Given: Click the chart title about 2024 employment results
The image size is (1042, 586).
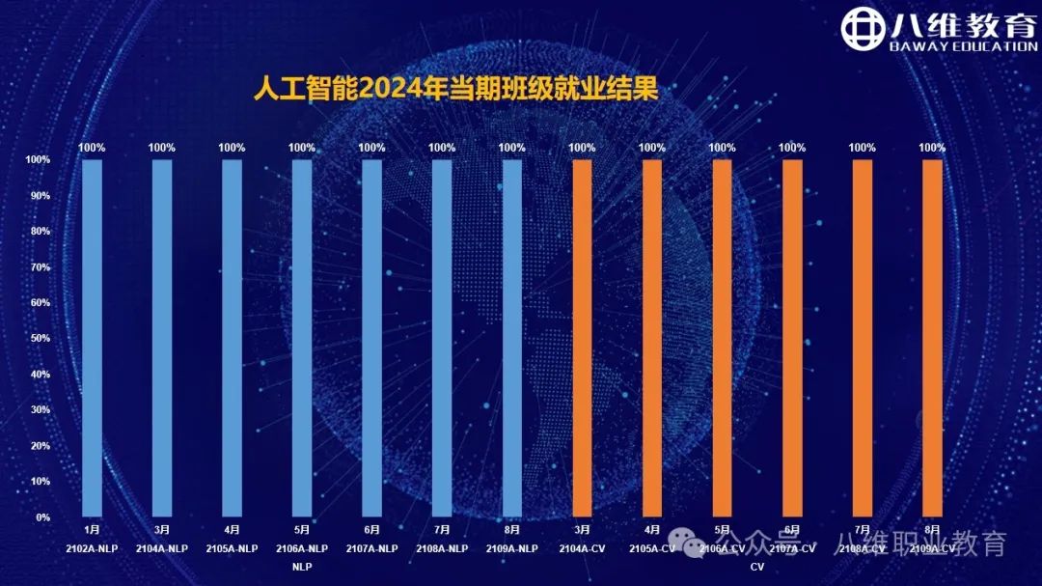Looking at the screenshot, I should [455, 89].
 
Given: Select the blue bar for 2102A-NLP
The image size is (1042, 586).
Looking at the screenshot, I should [93, 338].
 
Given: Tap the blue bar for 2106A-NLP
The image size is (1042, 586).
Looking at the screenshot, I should [302, 338].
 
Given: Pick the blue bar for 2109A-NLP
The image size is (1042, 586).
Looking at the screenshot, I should [512, 338].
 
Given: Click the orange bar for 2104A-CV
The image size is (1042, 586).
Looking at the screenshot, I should [582, 338].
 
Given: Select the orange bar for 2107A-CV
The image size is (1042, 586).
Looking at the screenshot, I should [792, 338].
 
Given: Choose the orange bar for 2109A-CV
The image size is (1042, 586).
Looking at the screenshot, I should [932, 338].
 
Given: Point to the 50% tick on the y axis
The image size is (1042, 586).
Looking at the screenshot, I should [39, 339].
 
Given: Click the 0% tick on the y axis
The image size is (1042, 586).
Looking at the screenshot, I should [42, 517].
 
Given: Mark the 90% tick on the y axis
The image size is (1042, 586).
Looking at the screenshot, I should [39, 196].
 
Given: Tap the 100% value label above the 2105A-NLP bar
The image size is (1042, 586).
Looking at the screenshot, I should [233, 148].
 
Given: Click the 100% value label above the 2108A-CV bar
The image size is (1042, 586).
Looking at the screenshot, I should [863, 148].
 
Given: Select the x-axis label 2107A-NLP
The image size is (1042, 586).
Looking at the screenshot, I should [372, 548].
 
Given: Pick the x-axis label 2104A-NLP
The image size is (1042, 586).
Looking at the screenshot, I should [162, 548].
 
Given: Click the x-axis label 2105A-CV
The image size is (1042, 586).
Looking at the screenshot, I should [652, 548].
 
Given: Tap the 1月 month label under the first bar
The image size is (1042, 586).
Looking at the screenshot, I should [93, 530].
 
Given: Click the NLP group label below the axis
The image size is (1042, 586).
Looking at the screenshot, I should [302, 567].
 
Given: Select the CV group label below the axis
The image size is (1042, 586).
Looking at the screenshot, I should [757, 567].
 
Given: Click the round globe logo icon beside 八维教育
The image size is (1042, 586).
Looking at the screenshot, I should [862, 30].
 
